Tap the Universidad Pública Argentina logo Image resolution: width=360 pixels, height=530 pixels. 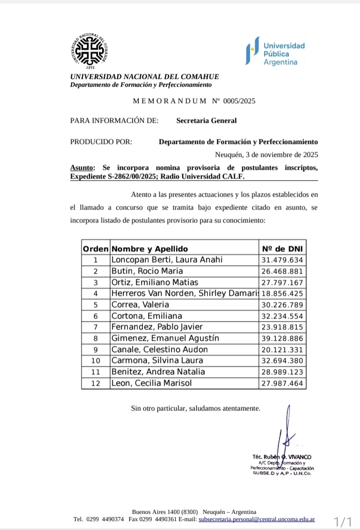pos(275,53)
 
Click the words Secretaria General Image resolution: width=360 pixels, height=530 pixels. pos(206,121)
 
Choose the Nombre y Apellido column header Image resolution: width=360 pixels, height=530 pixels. pos(150,249)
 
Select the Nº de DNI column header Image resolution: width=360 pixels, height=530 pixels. pos(283,249)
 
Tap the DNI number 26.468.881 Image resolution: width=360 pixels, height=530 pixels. pos(283,271)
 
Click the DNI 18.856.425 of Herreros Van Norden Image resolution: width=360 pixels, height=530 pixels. pos(283,294)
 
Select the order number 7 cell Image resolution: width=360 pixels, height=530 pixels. pos(95,327)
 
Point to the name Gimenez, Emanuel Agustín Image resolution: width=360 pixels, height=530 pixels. pos(165,338)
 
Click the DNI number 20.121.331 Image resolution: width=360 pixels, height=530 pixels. pos(283,349)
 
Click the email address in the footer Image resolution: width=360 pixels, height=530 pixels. pos(256,519)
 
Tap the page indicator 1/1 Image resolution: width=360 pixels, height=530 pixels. pos(343,521)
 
